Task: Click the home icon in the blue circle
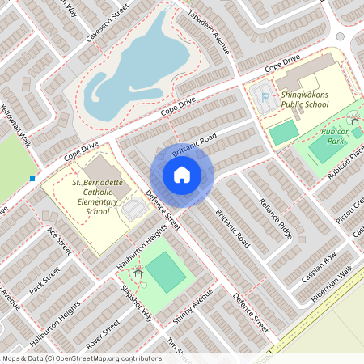tap(182, 175)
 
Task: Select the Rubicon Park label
tap(334, 137)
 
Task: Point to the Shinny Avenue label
tap(193, 307)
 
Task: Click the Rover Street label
tap(103, 333)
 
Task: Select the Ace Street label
tap(59, 241)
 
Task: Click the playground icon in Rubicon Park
tap(354, 122)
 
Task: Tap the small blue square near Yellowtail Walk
tap(32, 178)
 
